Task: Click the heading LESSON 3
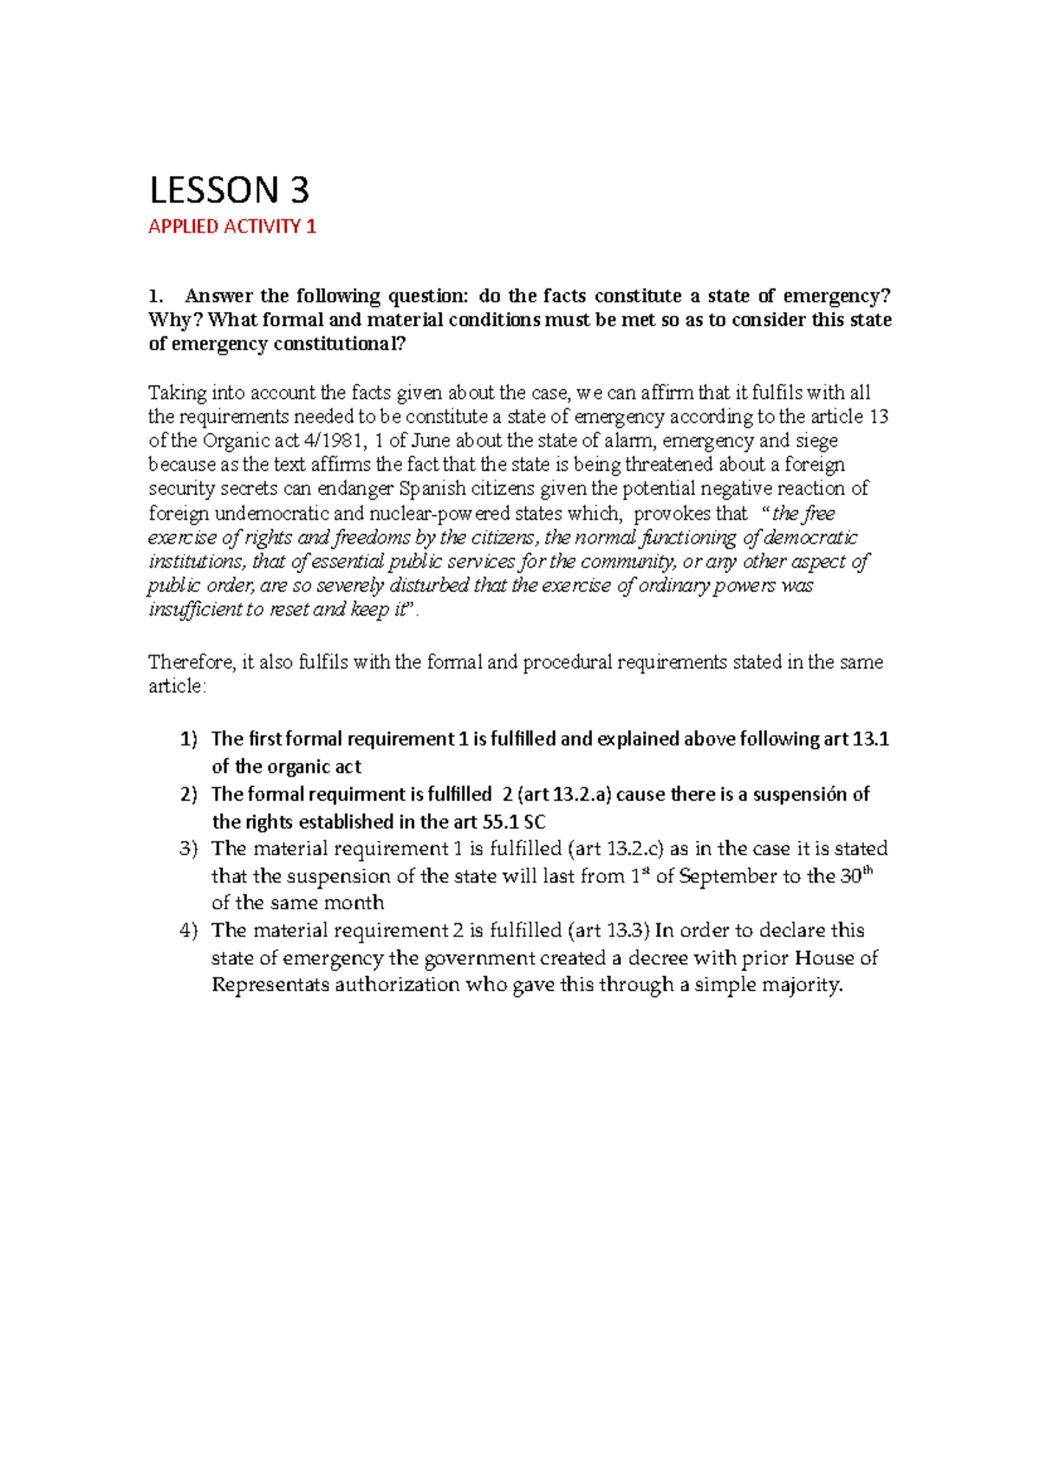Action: coord(230,190)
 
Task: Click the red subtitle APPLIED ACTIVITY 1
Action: coord(232,227)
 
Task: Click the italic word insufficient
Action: coord(197,609)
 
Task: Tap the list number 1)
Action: coord(189,739)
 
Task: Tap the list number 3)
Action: coord(189,849)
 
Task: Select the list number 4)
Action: coord(189,930)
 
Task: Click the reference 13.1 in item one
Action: coord(870,739)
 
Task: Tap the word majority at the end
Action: coord(803,985)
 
